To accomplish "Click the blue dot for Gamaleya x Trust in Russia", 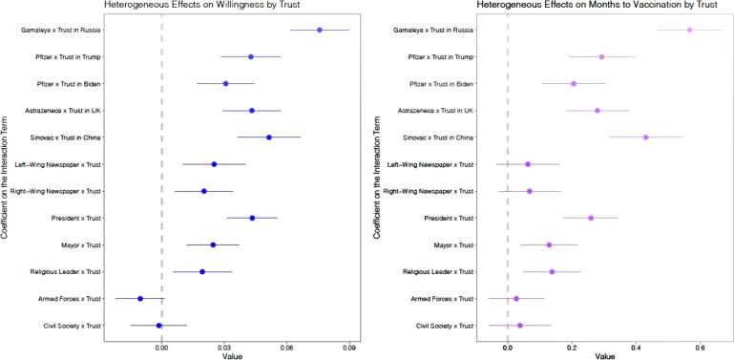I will click(319, 31).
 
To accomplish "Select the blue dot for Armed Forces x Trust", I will click(140, 299).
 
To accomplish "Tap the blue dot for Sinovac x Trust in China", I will click(269, 138).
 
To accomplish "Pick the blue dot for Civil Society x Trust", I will click(158, 326).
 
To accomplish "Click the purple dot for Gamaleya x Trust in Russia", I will click(689, 31).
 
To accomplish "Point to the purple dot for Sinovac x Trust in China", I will click(646, 138).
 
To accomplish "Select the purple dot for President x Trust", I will click(591, 218).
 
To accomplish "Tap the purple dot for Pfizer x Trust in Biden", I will click(574, 84).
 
